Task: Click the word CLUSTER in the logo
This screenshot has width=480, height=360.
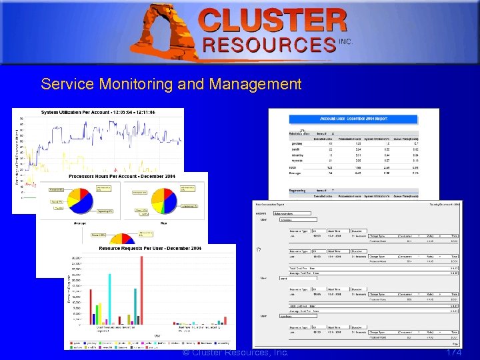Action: (273, 21)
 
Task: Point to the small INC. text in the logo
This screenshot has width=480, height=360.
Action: (345, 41)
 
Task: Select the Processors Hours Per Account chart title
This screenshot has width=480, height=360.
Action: (122, 176)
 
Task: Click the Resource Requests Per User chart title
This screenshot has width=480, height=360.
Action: (150, 248)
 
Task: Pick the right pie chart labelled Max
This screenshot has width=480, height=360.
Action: (165, 203)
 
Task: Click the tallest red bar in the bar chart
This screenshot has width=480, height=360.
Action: (142, 287)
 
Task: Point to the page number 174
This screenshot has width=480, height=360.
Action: (453, 352)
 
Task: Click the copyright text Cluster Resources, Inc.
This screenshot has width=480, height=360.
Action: (236, 352)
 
